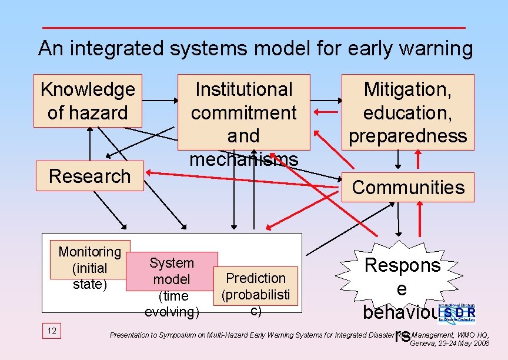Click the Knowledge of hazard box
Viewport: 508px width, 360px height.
[x=88, y=101]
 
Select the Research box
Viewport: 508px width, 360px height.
[x=89, y=176]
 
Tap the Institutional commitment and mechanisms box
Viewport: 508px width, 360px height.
[x=243, y=112]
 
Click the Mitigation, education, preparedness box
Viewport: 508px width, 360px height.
[x=407, y=112]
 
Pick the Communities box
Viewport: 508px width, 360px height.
[x=408, y=187]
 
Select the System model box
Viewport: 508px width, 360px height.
[x=172, y=271]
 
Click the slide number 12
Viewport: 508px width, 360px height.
[x=52, y=331]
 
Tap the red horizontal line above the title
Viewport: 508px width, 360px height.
[x=254, y=28]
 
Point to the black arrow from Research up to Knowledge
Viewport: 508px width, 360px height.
[x=90, y=144]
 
